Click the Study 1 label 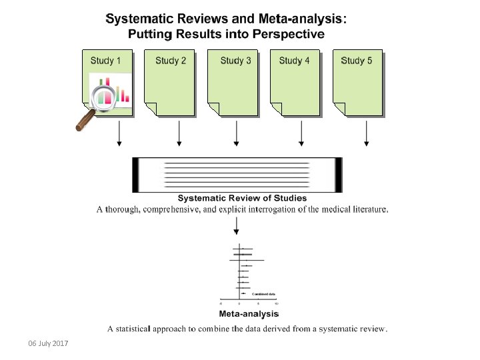click(x=106, y=61)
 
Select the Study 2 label click(x=171, y=61)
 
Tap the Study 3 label click(x=236, y=61)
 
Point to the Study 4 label click(x=295, y=61)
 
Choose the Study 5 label click(x=357, y=61)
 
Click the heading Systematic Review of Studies click(x=242, y=197)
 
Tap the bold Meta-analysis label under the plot click(x=249, y=313)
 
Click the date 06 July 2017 click(x=48, y=343)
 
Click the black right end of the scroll click(x=338, y=175)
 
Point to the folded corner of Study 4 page click(x=275, y=109)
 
